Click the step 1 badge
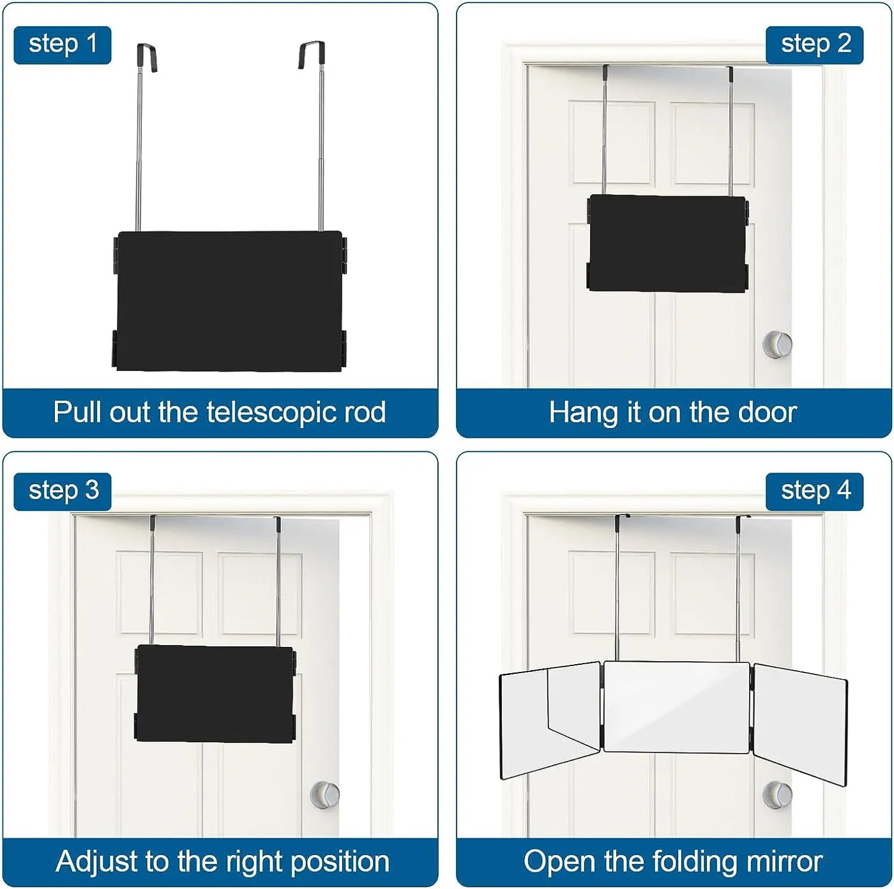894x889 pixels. pos(63,45)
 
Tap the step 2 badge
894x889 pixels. pos(815,45)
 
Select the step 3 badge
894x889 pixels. pos(63,491)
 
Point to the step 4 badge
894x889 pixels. pos(815,491)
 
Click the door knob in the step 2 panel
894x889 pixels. pos(777,345)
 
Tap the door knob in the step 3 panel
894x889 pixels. pos(325,794)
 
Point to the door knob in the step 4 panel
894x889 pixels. pos(777,794)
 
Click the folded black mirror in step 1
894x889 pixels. pos(229,300)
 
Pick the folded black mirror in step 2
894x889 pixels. pos(667,243)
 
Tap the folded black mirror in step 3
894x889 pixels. pos(215,693)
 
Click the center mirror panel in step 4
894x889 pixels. pos(676,707)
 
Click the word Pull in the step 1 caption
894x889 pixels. pos(76,413)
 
